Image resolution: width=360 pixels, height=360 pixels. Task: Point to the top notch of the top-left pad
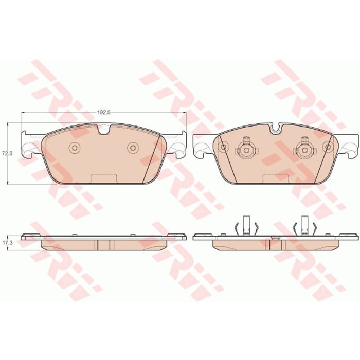click(104, 129)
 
